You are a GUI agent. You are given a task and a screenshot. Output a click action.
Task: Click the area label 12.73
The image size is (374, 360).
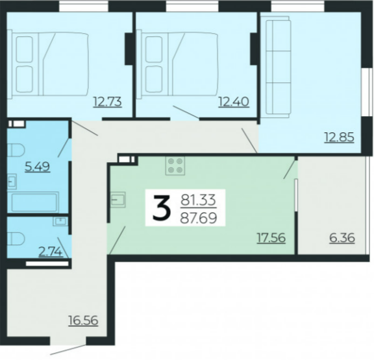108,102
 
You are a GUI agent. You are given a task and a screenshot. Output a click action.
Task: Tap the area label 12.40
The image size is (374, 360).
234,102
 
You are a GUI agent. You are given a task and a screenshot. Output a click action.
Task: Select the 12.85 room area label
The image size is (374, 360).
339,138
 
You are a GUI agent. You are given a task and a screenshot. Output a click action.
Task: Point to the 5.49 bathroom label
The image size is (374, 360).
38,167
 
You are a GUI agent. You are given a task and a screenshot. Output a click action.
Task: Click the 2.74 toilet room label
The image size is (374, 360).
51,252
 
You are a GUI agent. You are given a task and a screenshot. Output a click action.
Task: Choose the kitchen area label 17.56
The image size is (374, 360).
271,237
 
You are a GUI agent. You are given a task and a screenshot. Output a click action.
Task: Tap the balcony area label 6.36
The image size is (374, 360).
342,238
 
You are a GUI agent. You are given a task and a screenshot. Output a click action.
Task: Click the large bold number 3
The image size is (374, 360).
162,207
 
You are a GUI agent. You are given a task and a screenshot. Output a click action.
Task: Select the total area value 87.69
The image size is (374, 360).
199,218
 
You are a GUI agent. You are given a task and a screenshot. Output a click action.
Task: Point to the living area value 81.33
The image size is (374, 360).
198,200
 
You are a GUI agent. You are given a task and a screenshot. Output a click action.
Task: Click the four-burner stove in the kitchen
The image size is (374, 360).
175,166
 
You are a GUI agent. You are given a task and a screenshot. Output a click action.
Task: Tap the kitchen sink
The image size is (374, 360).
118,200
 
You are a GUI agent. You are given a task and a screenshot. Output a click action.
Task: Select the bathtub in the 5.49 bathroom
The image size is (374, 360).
33,202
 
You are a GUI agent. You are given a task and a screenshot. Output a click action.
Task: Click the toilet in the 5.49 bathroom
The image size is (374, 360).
16,150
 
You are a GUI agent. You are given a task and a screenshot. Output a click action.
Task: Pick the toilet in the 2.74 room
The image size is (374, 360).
16,239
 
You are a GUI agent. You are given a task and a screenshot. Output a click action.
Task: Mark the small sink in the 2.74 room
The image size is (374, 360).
60,221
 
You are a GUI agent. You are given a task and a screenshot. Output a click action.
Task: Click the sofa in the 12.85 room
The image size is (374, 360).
276,67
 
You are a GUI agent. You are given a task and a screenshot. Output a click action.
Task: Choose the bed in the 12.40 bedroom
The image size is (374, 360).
178,64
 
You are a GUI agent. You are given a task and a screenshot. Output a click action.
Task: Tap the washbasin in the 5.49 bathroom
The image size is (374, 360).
12,182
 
